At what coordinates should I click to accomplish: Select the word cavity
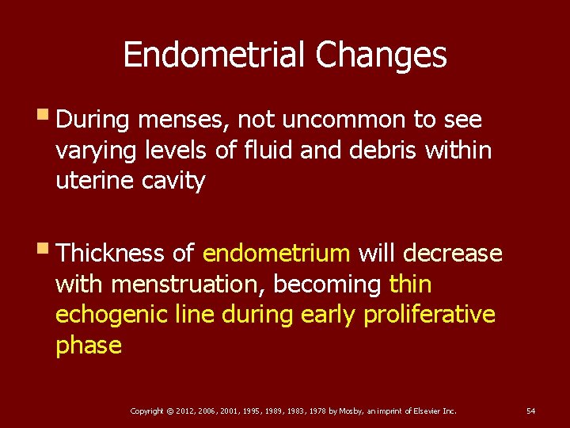coord(175,182)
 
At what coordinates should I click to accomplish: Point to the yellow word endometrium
coord(276,253)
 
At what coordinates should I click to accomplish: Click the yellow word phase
coord(89,346)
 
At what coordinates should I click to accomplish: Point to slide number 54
coord(530,411)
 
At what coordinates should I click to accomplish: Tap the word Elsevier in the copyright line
coord(427,411)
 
